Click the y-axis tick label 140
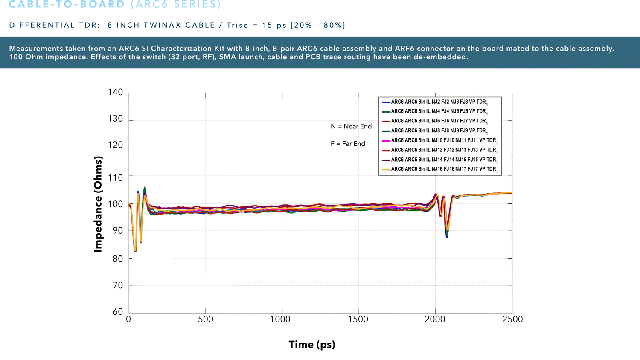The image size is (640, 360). (x=115, y=92)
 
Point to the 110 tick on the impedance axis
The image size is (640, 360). (x=115, y=177)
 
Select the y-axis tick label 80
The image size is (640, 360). (x=117, y=258)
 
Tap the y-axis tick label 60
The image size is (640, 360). (x=118, y=312)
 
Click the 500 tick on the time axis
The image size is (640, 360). (x=206, y=319)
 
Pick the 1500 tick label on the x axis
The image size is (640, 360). (x=358, y=319)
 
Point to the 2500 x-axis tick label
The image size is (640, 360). (x=512, y=319)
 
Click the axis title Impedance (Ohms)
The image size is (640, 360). (x=98, y=204)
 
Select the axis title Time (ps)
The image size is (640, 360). (x=312, y=345)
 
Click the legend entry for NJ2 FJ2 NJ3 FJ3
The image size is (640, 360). (x=438, y=102)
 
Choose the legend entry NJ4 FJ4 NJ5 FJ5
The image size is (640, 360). (x=438, y=111)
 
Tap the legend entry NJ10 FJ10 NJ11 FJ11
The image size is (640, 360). (x=444, y=140)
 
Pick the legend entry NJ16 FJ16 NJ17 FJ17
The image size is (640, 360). (x=444, y=169)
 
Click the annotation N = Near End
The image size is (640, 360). (x=351, y=126)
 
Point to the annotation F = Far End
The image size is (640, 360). (x=348, y=144)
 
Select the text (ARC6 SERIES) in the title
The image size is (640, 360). (x=176, y=5)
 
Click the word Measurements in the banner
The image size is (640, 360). (x=36, y=49)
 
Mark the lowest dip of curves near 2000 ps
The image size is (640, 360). (x=447, y=236)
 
